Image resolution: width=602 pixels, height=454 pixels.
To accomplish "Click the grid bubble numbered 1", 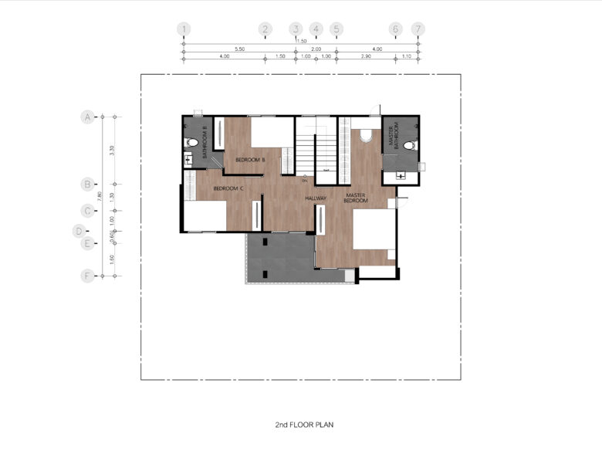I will click(x=184, y=29).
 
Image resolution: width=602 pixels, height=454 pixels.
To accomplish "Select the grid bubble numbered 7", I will click(x=418, y=29).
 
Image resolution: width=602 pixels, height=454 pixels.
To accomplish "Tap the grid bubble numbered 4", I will click(x=316, y=29).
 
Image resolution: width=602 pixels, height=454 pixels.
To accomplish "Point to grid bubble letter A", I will click(x=87, y=117).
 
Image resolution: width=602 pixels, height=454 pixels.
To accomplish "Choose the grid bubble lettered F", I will click(x=87, y=275).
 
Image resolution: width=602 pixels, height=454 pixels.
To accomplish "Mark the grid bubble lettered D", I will click(x=79, y=230).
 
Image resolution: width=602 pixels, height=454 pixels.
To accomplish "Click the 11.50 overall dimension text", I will click(x=301, y=41).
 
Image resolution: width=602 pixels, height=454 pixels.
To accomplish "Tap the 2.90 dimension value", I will click(x=366, y=57).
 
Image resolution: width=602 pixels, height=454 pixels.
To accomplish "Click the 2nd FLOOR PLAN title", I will click(x=305, y=425).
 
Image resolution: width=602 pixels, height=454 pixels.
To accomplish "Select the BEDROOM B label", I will click(x=250, y=160).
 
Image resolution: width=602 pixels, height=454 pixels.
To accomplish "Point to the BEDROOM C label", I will click(x=228, y=188).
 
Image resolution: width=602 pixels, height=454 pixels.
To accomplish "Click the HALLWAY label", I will click(x=316, y=198).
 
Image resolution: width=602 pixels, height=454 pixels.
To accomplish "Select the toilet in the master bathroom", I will click(x=409, y=145).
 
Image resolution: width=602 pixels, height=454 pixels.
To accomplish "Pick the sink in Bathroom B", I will click(x=188, y=160).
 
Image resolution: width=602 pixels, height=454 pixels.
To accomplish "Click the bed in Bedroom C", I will click(x=205, y=215).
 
